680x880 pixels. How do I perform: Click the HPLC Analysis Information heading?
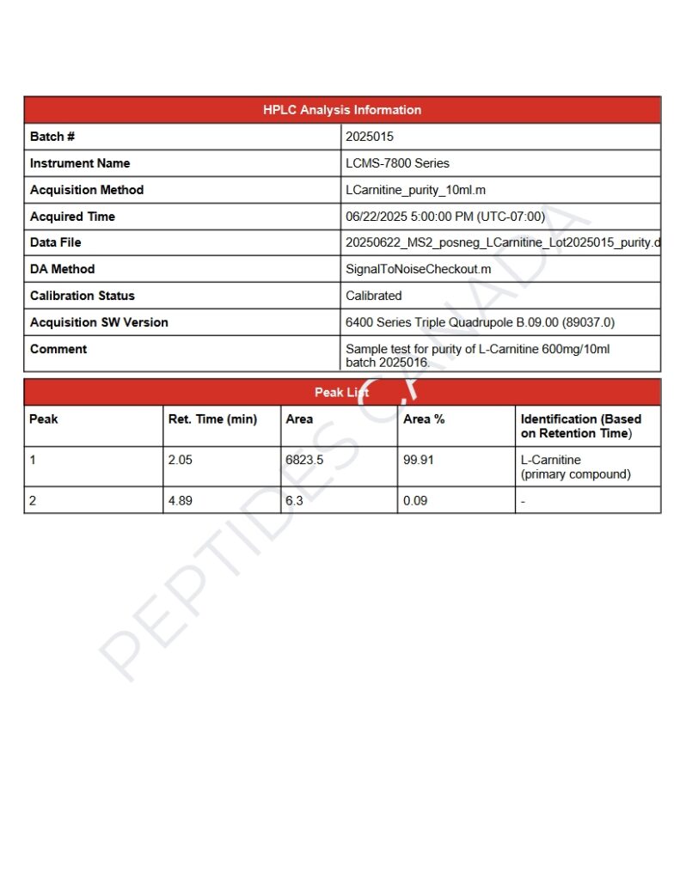coord(342,110)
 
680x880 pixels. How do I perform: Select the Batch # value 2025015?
coord(370,137)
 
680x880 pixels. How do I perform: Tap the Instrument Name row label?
coord(80,163)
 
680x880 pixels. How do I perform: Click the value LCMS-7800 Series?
coord(397,163)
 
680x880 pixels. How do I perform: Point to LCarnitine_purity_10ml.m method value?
coord(416,190)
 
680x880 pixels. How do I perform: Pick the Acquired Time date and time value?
coord(445,217)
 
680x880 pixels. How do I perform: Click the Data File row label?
coord(56,242)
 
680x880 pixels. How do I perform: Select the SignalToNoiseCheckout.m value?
coord(419,269)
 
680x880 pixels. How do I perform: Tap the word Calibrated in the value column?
coord(374,296)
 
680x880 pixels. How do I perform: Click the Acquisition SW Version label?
coord(99,322)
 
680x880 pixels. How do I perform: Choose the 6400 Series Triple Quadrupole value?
coord(480,322)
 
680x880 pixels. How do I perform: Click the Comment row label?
coord(58,349)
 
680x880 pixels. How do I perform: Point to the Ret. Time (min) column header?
coord(212,419)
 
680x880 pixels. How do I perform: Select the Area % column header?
coord(424,419)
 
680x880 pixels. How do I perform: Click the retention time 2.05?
coord(181,460)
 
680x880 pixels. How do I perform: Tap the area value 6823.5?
coord(304,460)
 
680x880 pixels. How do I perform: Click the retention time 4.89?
coord(181,500)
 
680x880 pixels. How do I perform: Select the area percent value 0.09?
coord(415,500)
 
